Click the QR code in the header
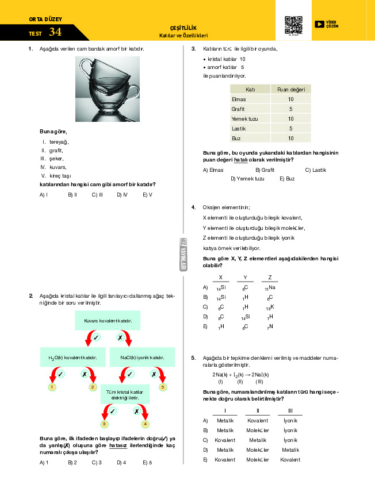(293, 25)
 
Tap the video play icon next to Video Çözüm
(319, 24)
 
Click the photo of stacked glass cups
(107, 89)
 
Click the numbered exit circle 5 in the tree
(163, 387)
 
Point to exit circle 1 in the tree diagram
(52, 387)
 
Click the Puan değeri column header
(290, 89)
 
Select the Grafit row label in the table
(238, 109)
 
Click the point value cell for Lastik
(290, 128)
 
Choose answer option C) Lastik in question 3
(316, 170)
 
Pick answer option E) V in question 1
(147, 195)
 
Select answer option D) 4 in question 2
(121, 462)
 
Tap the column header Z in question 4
(269, 277)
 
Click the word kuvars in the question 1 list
(58, 167)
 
